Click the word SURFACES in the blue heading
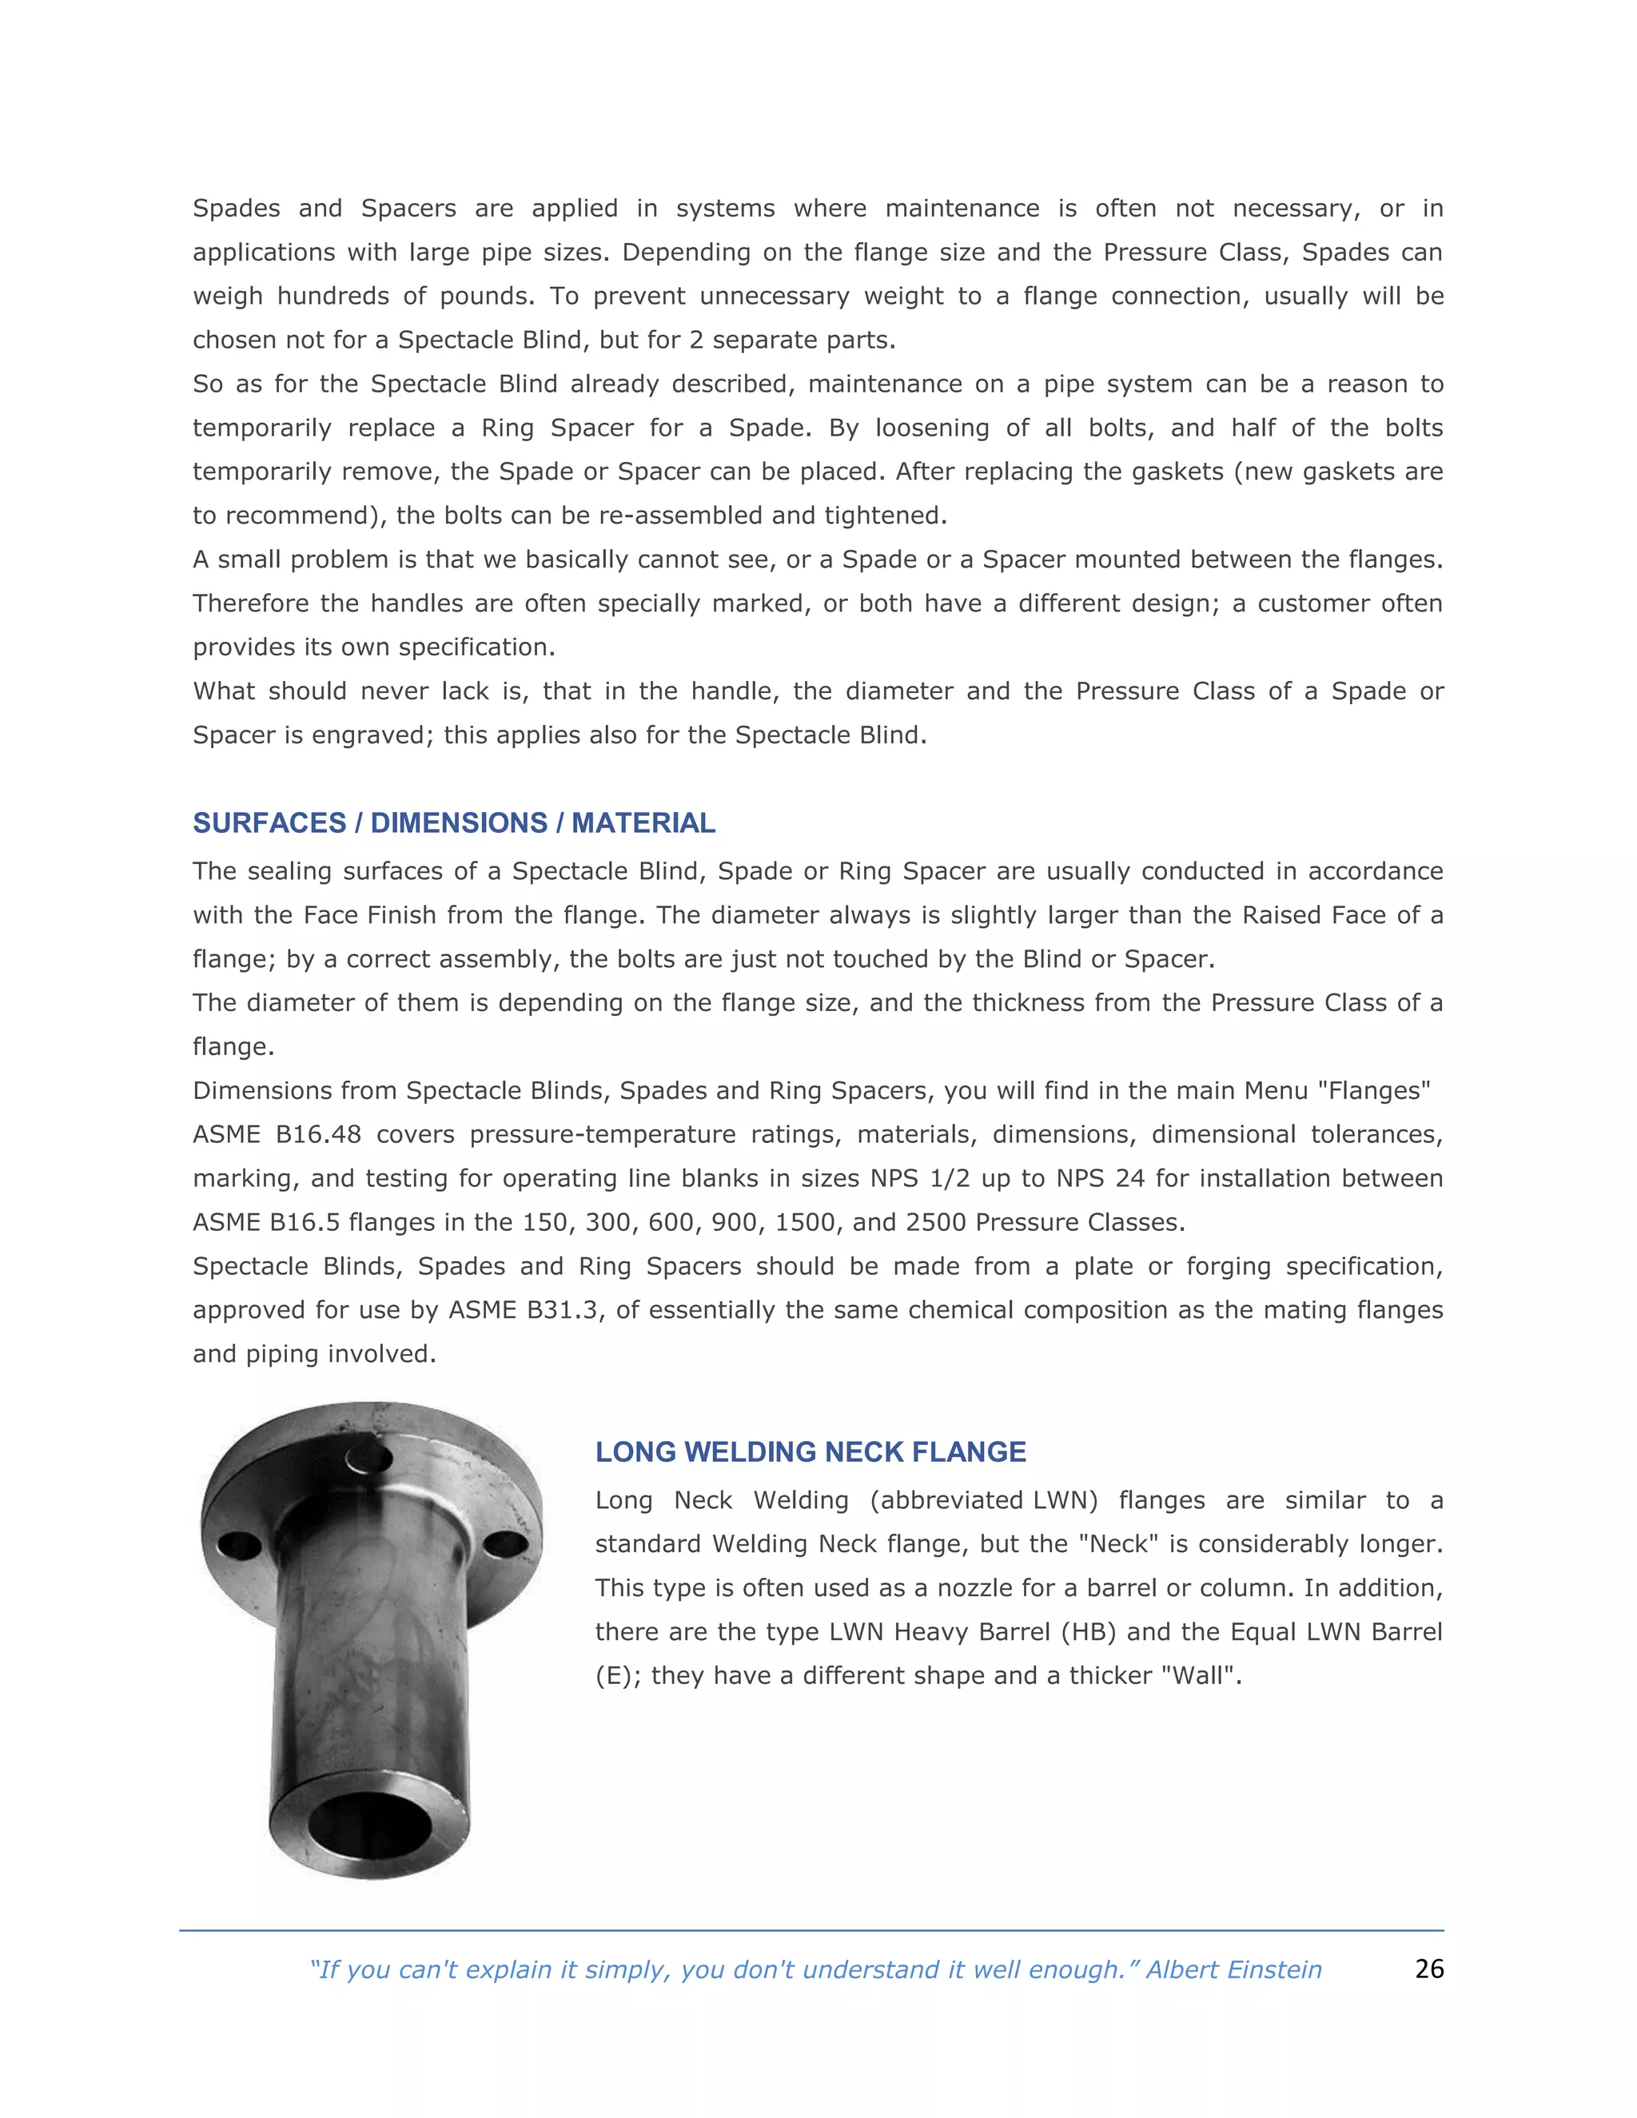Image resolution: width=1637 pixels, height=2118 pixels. click(x=269, y=823)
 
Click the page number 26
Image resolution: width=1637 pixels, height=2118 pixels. click(x=1428, y=1969)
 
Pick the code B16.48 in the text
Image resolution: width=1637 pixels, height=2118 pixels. click(x=315, y=1135)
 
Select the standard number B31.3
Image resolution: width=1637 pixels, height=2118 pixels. click(x=561, y=1310)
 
